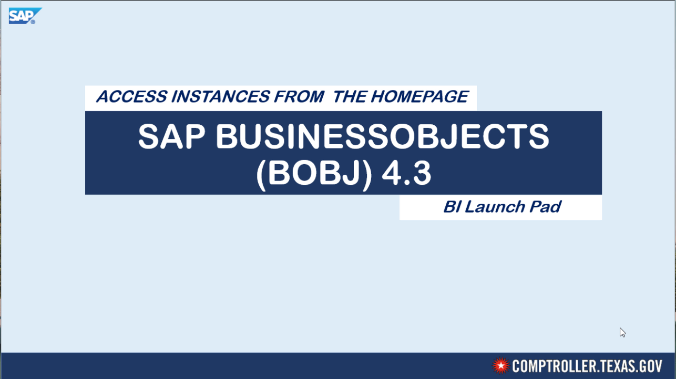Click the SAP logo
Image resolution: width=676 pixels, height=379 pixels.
pos(23,15)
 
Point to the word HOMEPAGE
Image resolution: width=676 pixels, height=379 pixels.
pos(419,97)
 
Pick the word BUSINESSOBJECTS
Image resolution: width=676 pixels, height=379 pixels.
pos(382,137)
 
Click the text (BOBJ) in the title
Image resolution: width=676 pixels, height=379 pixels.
pos(314,174)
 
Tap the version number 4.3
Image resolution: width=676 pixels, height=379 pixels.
pos(406,174)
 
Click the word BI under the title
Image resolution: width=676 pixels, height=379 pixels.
pos(451,207)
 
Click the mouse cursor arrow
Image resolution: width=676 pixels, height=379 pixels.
pos(622,332)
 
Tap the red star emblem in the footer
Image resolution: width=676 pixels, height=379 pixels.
pos(501,365)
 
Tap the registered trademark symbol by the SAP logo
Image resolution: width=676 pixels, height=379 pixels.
pos(33,22)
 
